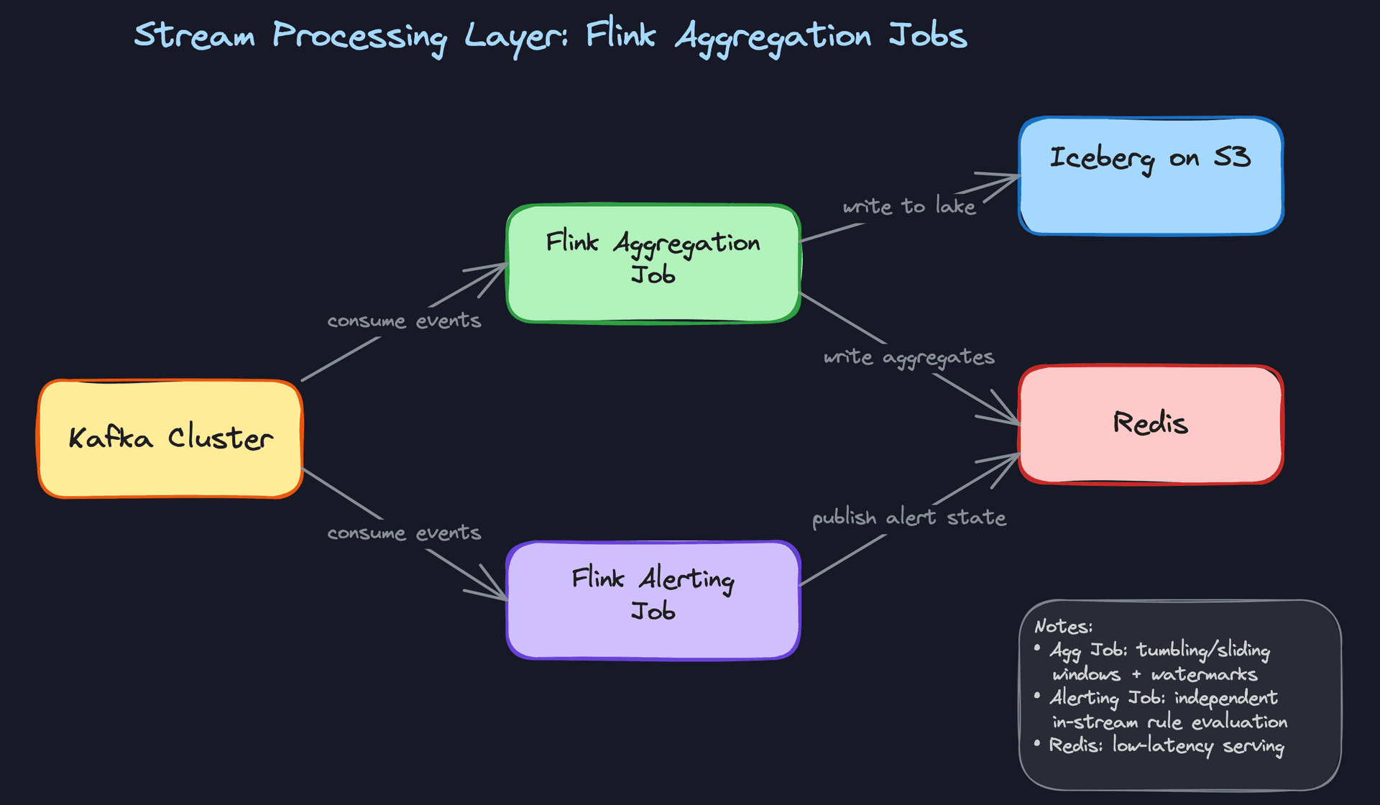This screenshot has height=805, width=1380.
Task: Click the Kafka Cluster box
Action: pos(170,438)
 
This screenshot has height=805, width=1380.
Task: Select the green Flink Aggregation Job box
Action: pos(653,264)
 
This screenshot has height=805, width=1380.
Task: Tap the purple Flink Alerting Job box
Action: pos(653,600)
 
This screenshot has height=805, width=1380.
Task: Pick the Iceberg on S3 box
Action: pos(1151,176)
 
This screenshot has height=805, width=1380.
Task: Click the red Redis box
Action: pos(1151,424)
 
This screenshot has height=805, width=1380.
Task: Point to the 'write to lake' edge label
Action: pos(909,206)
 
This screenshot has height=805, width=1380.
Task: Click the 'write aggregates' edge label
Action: pos(909,357)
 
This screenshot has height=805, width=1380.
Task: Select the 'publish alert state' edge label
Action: pos(909,517)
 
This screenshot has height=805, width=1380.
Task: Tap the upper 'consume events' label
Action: pos(404,321)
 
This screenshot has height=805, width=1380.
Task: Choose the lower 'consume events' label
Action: pos(404,533)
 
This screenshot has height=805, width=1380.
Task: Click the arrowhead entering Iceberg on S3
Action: pos(1013,178)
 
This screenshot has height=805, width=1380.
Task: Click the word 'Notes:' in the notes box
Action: pos(1063,627)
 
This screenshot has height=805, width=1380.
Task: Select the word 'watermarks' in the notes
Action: pos(1204,674)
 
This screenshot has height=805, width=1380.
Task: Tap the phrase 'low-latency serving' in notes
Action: pos(1198,745)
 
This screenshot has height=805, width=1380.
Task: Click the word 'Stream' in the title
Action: pos(195,35)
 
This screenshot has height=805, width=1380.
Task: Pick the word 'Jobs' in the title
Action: pos(928,35)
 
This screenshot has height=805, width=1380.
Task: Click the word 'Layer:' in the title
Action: pos(515,37)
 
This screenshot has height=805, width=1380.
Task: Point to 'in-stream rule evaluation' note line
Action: pos(1169,722)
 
